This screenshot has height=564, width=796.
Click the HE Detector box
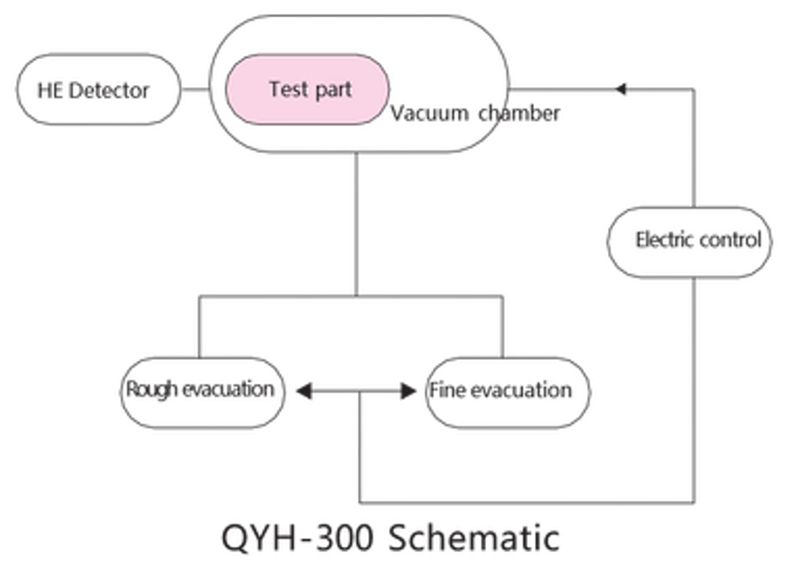pos(99,90)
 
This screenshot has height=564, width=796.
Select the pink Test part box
pos(308,90)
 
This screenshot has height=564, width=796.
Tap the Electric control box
pos(689,242)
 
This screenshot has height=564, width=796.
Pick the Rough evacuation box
pos(202,392)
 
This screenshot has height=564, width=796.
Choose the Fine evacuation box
pos(509,392)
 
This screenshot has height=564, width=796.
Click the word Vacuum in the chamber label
pos(429,114)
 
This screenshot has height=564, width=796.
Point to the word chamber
pos(519,113)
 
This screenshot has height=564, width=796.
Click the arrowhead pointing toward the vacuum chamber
pos(620,90)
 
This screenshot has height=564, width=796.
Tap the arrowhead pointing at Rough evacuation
pos(304,391)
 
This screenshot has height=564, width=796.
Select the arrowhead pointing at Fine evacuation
pos(408,391)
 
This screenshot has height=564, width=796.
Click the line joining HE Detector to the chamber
pos(196,90)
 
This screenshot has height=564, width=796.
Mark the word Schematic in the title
pos(474,538)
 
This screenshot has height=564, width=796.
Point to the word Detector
pos(108,91)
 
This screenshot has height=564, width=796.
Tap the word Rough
pos(152,389)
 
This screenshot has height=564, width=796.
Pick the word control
pos(730,239)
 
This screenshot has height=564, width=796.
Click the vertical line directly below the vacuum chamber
pos(356,223)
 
